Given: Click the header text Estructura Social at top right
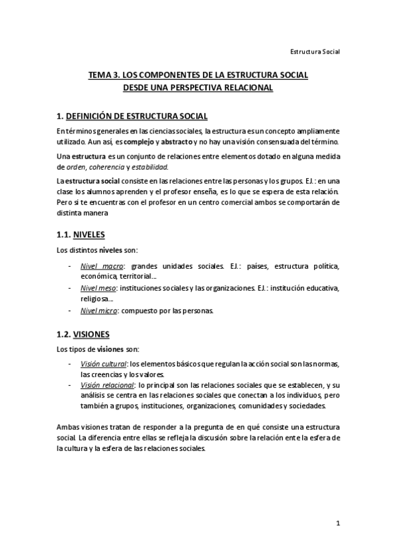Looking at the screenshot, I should (x=315, y=51).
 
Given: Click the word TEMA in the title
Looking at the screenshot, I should (x=100, y=76).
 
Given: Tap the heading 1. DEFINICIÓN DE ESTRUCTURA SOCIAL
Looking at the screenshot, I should (x=132, y=116).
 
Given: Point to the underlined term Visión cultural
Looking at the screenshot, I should (x=104, y=363).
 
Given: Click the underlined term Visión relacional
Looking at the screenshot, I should (x=106, y=384).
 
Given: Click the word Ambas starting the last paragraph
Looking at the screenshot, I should (x=68, y=427).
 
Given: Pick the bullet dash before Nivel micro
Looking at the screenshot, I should (x=70, y=310).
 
